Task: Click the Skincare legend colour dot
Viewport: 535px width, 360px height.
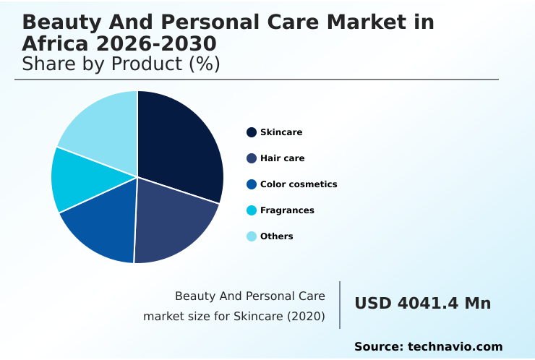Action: click(x=252, y=132)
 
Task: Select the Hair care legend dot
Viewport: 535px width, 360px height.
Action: click(x=252, y=158)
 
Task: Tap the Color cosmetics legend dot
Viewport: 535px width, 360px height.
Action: click(x=252, y=184)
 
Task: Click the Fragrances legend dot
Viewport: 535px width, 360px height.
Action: click(x=252, y=210)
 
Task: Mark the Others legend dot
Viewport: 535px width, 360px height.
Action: click(x=252, y=236)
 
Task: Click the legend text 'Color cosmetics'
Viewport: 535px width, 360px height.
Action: click(x=299, y=184)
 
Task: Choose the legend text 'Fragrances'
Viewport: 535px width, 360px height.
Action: click(x=287, y=210)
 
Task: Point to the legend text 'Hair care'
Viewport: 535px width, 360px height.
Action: click(x=282, y=158)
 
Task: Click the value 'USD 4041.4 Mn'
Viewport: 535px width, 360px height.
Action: click(x=422, y=304)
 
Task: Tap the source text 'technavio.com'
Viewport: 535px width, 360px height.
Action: click(x=455, y=347)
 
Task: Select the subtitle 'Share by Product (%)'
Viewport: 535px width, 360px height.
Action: click(x=121, y=64)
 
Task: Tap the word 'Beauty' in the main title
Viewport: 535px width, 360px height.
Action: click(x=57, y=22)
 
